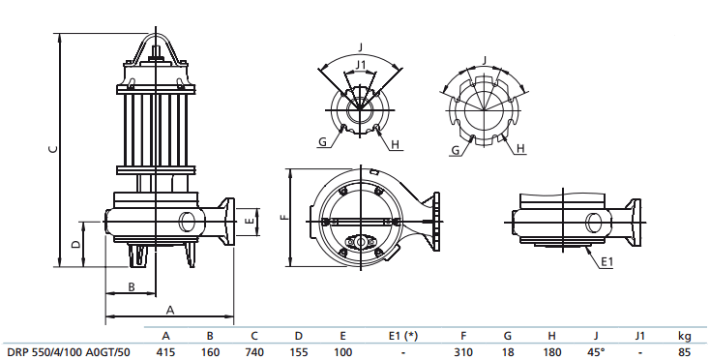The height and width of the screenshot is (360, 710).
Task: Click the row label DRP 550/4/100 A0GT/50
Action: pyautogui.click(x=68, y=351)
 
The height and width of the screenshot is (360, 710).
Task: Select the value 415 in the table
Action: pyautogui.click(x=165, y=351)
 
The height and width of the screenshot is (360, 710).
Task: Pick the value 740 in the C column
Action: pyautogui.click(x=254, y=351)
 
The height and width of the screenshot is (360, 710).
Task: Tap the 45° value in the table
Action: pyautogui.click(x=597, y=351)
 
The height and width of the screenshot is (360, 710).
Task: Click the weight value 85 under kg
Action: pyautogui.click(x=684, y=351)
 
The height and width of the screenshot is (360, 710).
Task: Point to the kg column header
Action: pyautogui.click(x=684, y=335)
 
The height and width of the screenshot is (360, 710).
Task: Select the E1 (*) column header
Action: pyautogui.click(x=403, y=335)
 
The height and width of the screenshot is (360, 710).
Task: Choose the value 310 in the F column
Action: pyautogui.click(x=464, y=351)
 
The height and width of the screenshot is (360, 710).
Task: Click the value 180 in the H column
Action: pyautogui.click(x=551, y=351)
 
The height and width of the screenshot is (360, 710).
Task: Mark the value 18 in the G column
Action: pyautogui.click(x=508, y=351)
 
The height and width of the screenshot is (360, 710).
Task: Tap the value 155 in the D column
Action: pyautogui.click(x=299, y=351)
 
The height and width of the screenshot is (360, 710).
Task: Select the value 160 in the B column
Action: pyautogui.click(x=210, y=351)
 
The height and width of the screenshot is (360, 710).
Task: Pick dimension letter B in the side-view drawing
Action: pyautogui.click(x=131, y=285)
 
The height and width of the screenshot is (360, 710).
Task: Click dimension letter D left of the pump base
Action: pyautogui.click(x=76, y=242)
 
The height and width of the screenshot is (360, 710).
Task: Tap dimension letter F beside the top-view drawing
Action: pyautogui.click(x=283, y=218)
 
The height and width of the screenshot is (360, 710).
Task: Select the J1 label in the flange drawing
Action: pyautogui.click(x=361, y=65)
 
